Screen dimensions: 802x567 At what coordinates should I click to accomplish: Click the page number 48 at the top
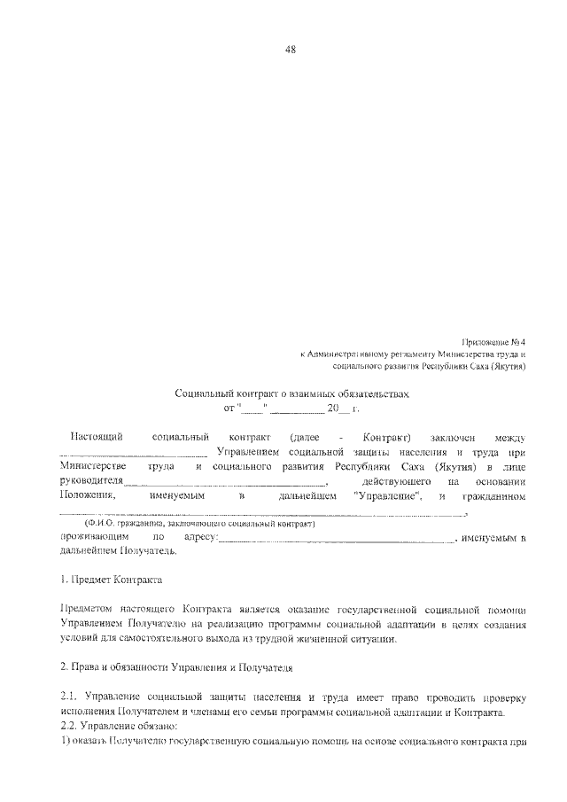(289, 50)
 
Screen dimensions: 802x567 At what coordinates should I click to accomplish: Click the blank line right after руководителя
(226, 483)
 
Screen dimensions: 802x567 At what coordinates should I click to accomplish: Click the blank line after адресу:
(337, 539)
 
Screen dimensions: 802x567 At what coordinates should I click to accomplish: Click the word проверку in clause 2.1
(501, 697)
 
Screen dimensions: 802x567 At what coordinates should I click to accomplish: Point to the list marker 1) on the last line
(65, 740)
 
